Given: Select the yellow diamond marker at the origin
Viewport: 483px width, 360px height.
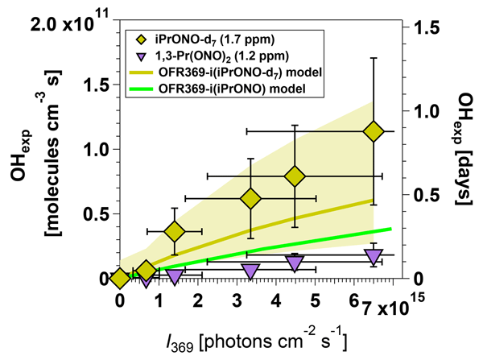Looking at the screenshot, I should pos(120,278).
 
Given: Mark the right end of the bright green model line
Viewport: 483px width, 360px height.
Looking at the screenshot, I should pos(391,229).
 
